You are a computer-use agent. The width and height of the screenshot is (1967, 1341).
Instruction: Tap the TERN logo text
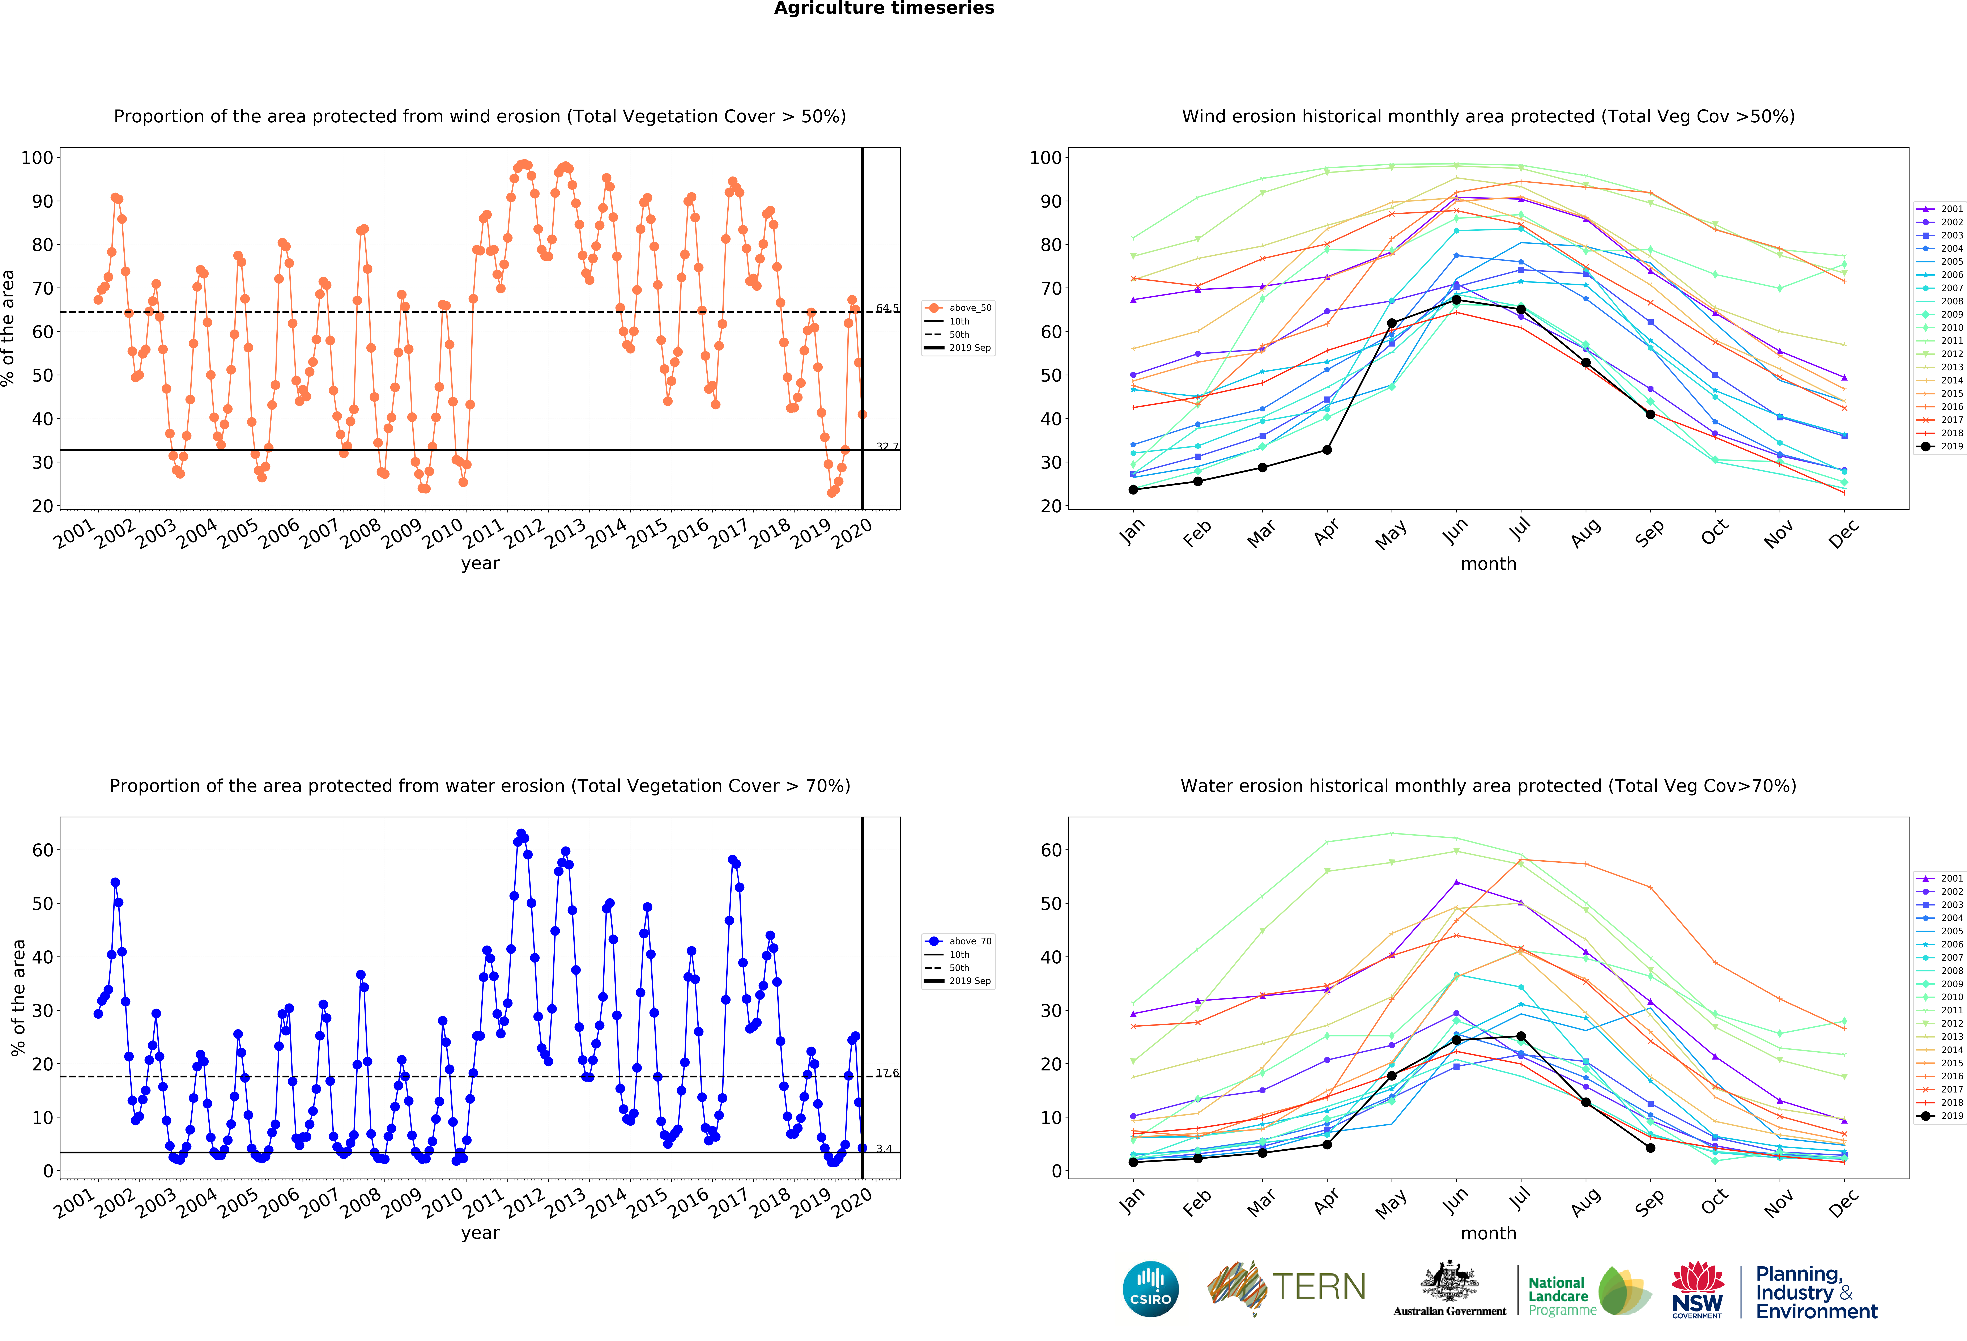coord(1319,1287)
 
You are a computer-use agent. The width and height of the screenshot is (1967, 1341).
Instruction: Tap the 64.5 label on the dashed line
coord(887,308)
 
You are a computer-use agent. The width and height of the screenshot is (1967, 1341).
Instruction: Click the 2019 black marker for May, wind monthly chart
coord(1391,323)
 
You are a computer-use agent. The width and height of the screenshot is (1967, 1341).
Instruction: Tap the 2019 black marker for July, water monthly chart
coord(1521,1036)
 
